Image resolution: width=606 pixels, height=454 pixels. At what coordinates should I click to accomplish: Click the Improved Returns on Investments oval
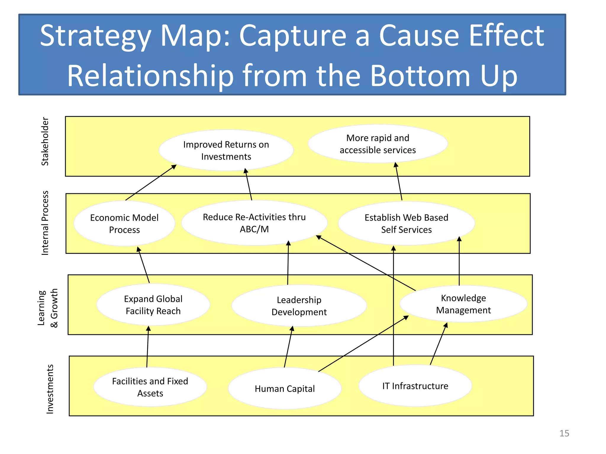tap(226, 150)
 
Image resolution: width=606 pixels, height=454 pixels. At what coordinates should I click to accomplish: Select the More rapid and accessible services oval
tap(378, 144)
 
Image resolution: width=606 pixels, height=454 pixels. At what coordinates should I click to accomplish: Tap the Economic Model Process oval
tap(124, 223)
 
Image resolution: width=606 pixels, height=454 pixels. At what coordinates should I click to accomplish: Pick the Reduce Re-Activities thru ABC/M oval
tap(254, 223)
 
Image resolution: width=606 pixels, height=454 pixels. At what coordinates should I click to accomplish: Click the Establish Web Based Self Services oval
tap(406, 223)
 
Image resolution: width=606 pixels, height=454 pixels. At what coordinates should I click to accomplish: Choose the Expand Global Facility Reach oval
tap(153, 305)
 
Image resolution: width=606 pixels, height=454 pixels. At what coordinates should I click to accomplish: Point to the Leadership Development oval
tap(299, 306)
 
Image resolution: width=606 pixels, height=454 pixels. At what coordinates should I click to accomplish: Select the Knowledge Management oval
tap(463, 304)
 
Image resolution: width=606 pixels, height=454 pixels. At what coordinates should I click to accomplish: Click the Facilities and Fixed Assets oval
tap(150, 387)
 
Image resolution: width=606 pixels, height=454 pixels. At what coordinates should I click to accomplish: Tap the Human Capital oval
tap(285, 388)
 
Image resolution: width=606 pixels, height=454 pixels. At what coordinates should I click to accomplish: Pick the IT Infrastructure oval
tap(415, 386)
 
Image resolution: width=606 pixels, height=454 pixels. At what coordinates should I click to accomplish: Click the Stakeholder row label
tap(45, 141)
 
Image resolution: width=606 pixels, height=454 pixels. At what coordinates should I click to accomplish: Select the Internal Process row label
tap(45, 223)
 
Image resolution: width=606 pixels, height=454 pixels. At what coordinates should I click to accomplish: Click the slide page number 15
tap(564, 433)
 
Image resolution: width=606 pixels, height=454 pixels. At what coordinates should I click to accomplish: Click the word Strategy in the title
tap(95, 36)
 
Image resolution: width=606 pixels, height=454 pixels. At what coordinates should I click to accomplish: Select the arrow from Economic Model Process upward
tap(151, 183)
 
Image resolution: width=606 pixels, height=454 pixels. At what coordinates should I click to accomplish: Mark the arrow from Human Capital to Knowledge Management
tap(363, 344)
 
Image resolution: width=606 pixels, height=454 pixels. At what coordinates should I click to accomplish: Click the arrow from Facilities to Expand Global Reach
tap(148, 347)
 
